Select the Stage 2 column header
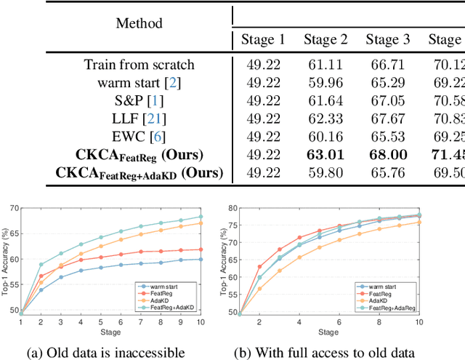325,39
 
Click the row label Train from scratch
139,65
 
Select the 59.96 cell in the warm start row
325,83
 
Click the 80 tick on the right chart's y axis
233,207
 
